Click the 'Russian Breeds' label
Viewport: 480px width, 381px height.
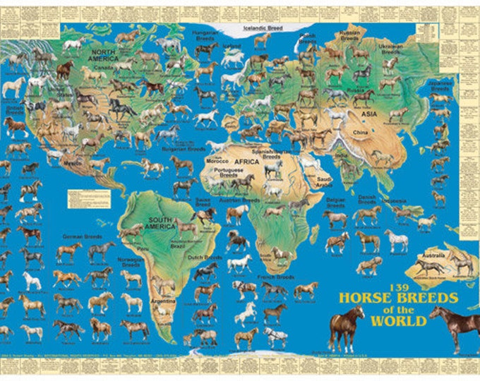point(350,35)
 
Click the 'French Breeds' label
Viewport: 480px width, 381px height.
point(275,277)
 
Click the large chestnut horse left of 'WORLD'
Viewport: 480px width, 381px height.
point(346,327)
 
